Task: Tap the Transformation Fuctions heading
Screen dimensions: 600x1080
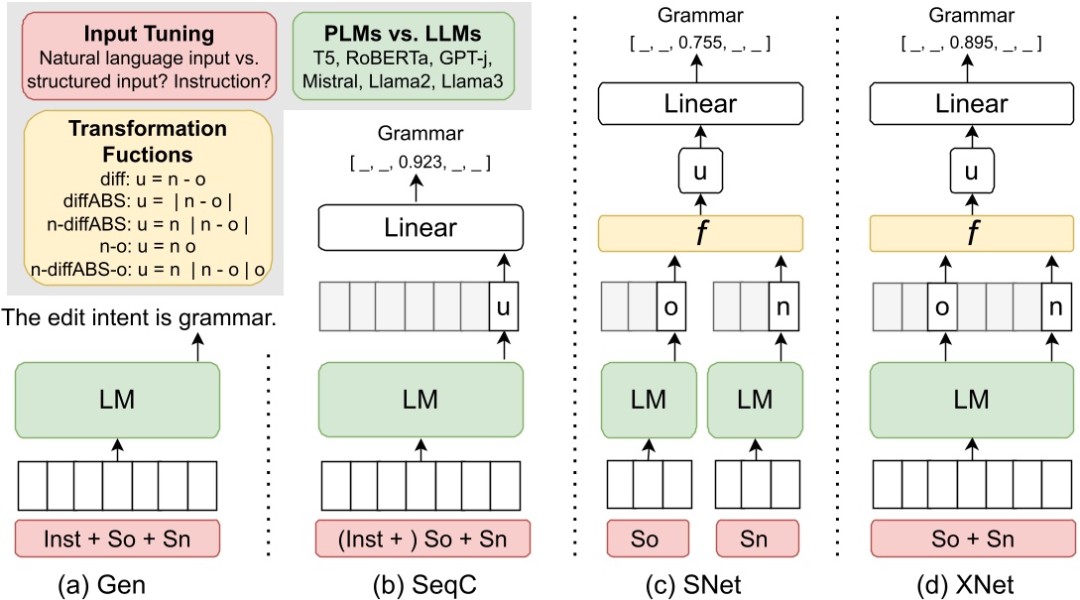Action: [x=147, y=142]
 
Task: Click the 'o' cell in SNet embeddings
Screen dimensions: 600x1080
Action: [x=671, y=308]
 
